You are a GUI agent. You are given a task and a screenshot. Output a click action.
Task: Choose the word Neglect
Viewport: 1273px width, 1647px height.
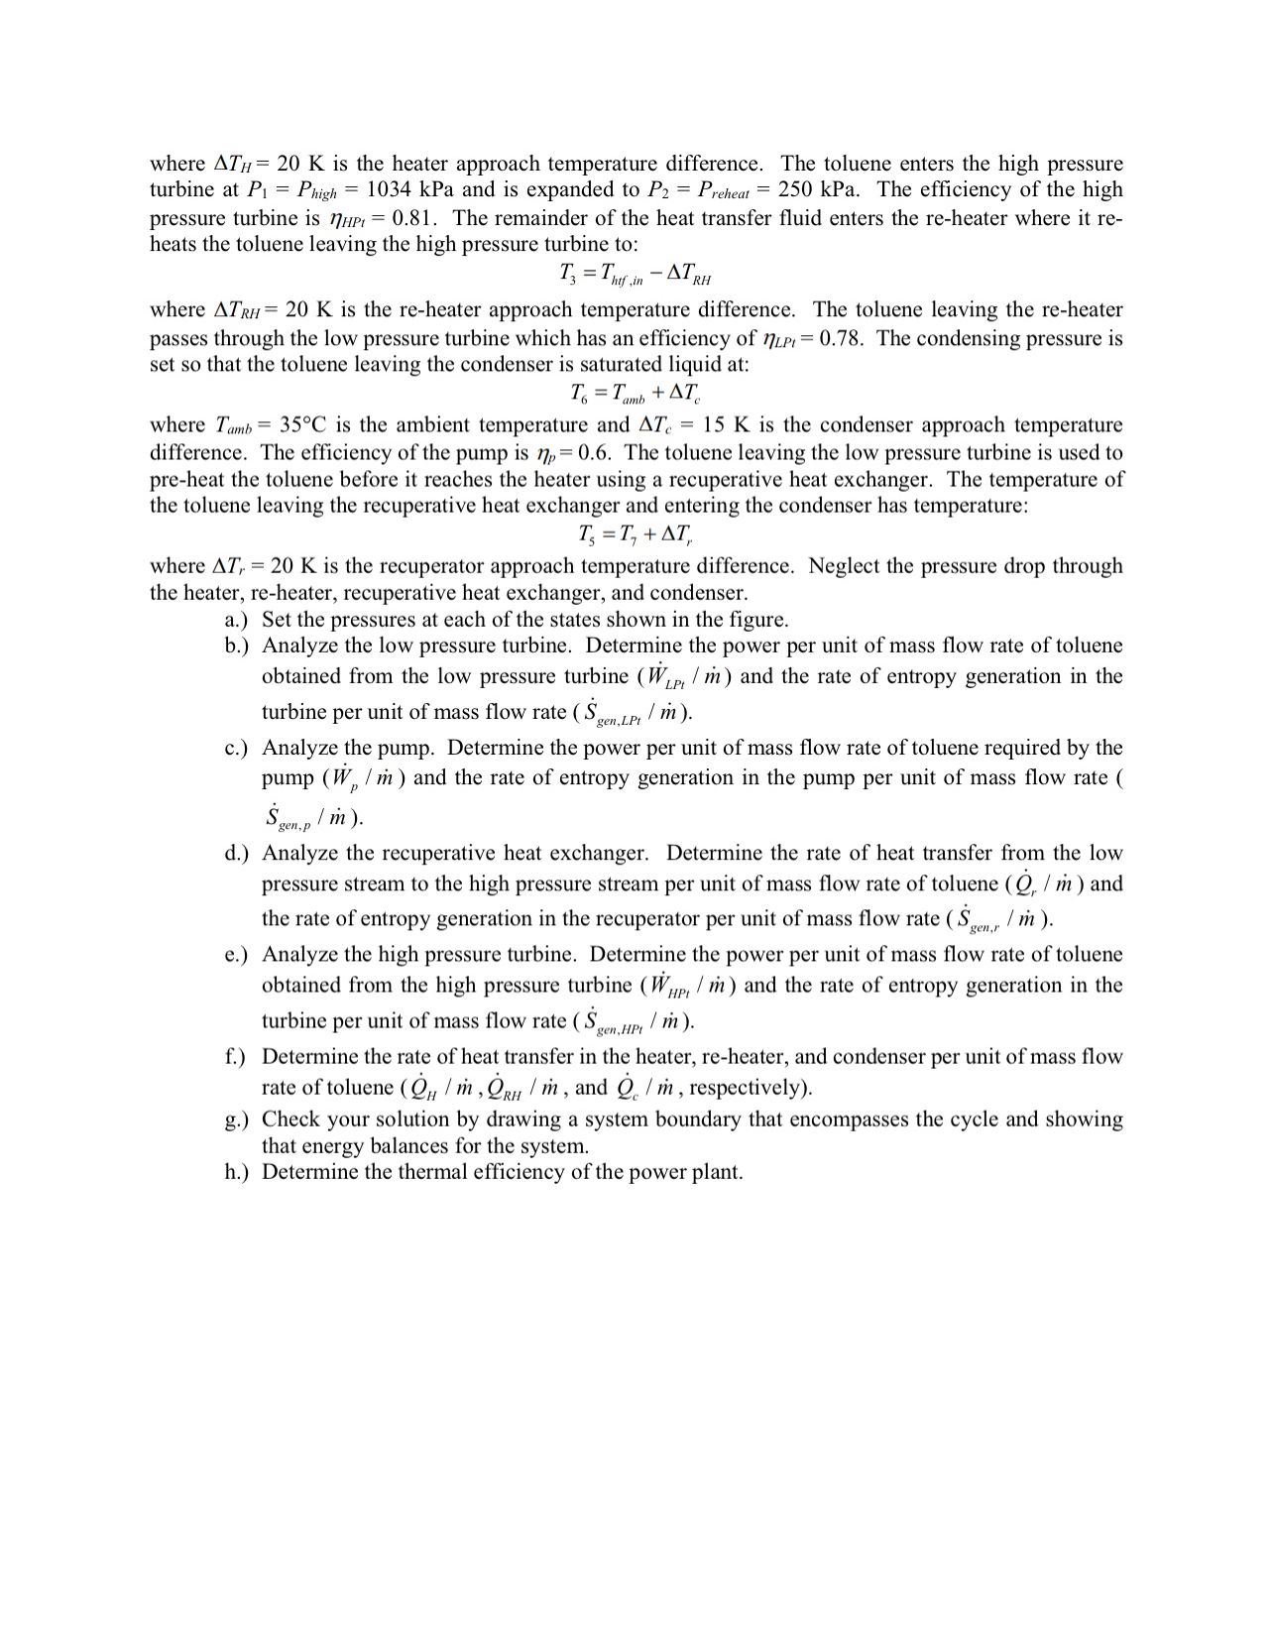(845, 566)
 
